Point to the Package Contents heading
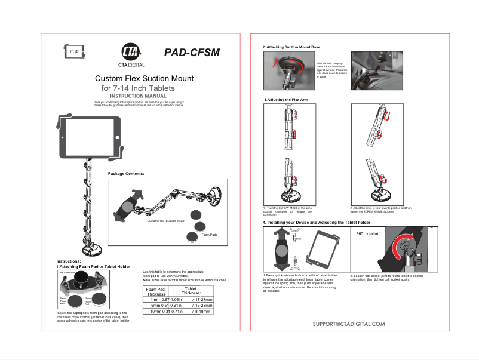[126, 173]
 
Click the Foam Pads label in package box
[209, 235]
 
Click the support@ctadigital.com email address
[349, 340]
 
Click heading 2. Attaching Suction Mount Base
[291, 47]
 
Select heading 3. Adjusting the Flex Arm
[286, 99]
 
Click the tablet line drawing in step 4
[324, 250]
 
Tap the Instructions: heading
[68, 261]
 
